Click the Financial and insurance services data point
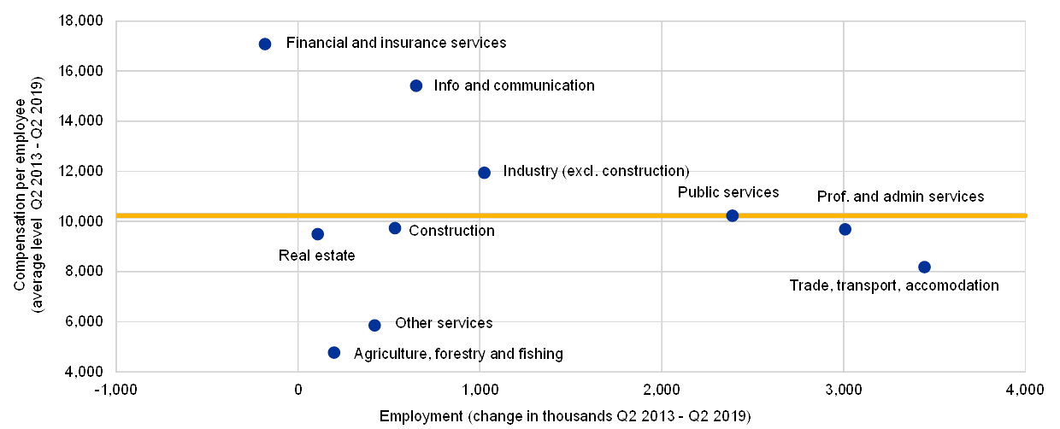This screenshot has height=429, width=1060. pyautogui.click(x=265, y=44)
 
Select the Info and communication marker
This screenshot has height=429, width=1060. pyautogui.click(x=416, y=85)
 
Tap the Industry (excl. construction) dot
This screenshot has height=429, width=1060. pyautogui.click(x=485, y=173)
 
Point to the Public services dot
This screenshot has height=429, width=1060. pyautogui.click(x=733, y=215)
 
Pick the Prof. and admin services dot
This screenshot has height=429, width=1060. pyautogui.click(x=845, y=229)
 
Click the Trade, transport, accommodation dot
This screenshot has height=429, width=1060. pyautogui.click(x=924, y=267)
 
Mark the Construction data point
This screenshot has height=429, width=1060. pyautogui.click(x=395, y=228)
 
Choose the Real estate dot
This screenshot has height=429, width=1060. pyautogui.click(x=318, y=234)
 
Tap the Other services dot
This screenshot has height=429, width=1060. pyautogui.click(x=374, y=325)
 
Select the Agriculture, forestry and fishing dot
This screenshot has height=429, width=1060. pyautogui.click(x=334, y=352)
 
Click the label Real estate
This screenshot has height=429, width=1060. pyautogui.click(x=319, y=256)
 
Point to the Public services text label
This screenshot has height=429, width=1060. pyautogui.click(x=731, y=192)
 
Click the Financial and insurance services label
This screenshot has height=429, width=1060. pyautogui.click(x=401, y=43)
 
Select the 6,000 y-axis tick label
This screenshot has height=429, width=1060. pyautogui.click(x=86, y=322)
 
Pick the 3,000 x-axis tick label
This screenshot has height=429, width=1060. pyautogui.click(x=844, y=391)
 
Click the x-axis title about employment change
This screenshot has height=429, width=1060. pyautogui.click(x=571, y=416)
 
